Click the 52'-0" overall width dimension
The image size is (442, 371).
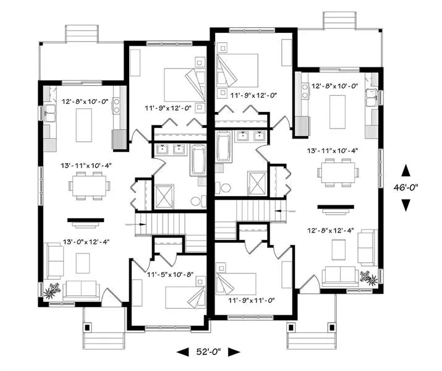(208, 352)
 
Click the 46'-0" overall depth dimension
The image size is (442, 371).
(406, 187)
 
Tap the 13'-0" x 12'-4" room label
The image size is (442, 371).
(86, 242)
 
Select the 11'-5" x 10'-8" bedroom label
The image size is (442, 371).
(170, 274)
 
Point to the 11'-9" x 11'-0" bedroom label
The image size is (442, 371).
(252, 301)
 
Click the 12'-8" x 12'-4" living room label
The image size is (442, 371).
(330, 230)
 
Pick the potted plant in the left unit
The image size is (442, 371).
(53, 291)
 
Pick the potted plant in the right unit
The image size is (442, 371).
(368, 278)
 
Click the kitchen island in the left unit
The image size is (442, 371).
(84, 125)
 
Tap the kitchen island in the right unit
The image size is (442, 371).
(338, 112)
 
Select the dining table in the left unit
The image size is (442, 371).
(90, 186)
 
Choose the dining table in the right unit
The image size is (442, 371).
(338, 173)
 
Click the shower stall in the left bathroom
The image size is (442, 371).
(164, 197)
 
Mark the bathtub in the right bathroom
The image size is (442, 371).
(224, 147)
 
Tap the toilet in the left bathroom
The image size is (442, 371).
(197, 201)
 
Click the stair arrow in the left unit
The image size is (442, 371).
(136, 224)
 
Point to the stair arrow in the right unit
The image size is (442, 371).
(285, 211)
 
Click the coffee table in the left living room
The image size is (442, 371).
(83, 263)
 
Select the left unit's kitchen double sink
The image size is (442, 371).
(51, 113)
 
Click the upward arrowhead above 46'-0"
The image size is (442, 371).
(406, 171)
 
